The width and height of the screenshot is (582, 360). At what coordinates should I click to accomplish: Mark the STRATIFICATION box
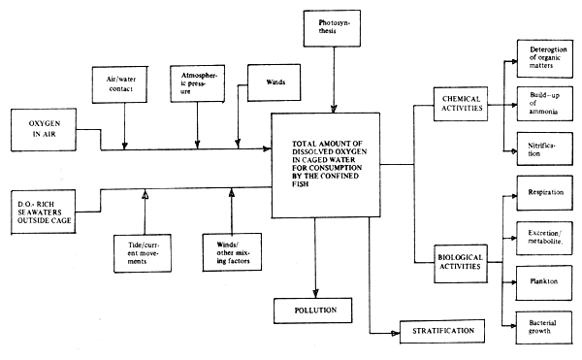click(x=437, y=332)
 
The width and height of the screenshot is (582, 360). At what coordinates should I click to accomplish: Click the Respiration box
click(x=540, y=194)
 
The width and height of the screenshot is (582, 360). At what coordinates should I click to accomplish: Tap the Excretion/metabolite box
click(x=540, y=237)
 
